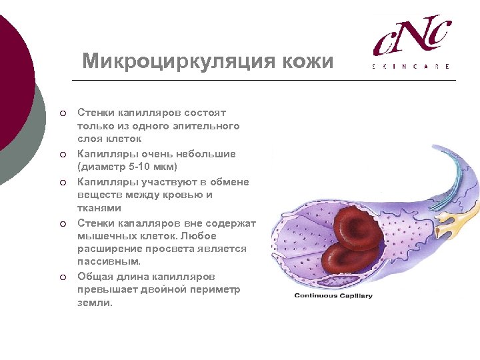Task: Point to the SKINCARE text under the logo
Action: [411, 67]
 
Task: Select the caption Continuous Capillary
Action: [333, 295]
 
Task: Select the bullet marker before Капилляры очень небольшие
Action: [61, 154]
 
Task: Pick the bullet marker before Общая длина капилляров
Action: [61, 277]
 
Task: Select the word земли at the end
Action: [94, 303]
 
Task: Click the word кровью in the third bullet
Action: [180, 195]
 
